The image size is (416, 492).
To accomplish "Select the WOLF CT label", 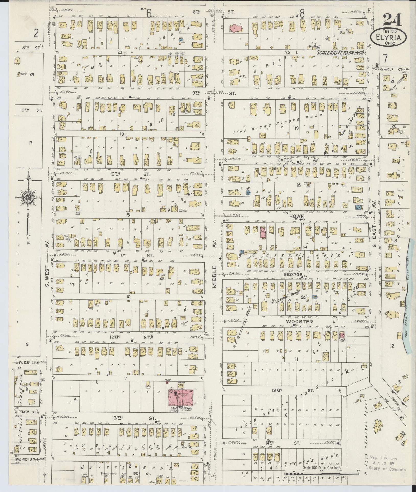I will click(x=395, y=68).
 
